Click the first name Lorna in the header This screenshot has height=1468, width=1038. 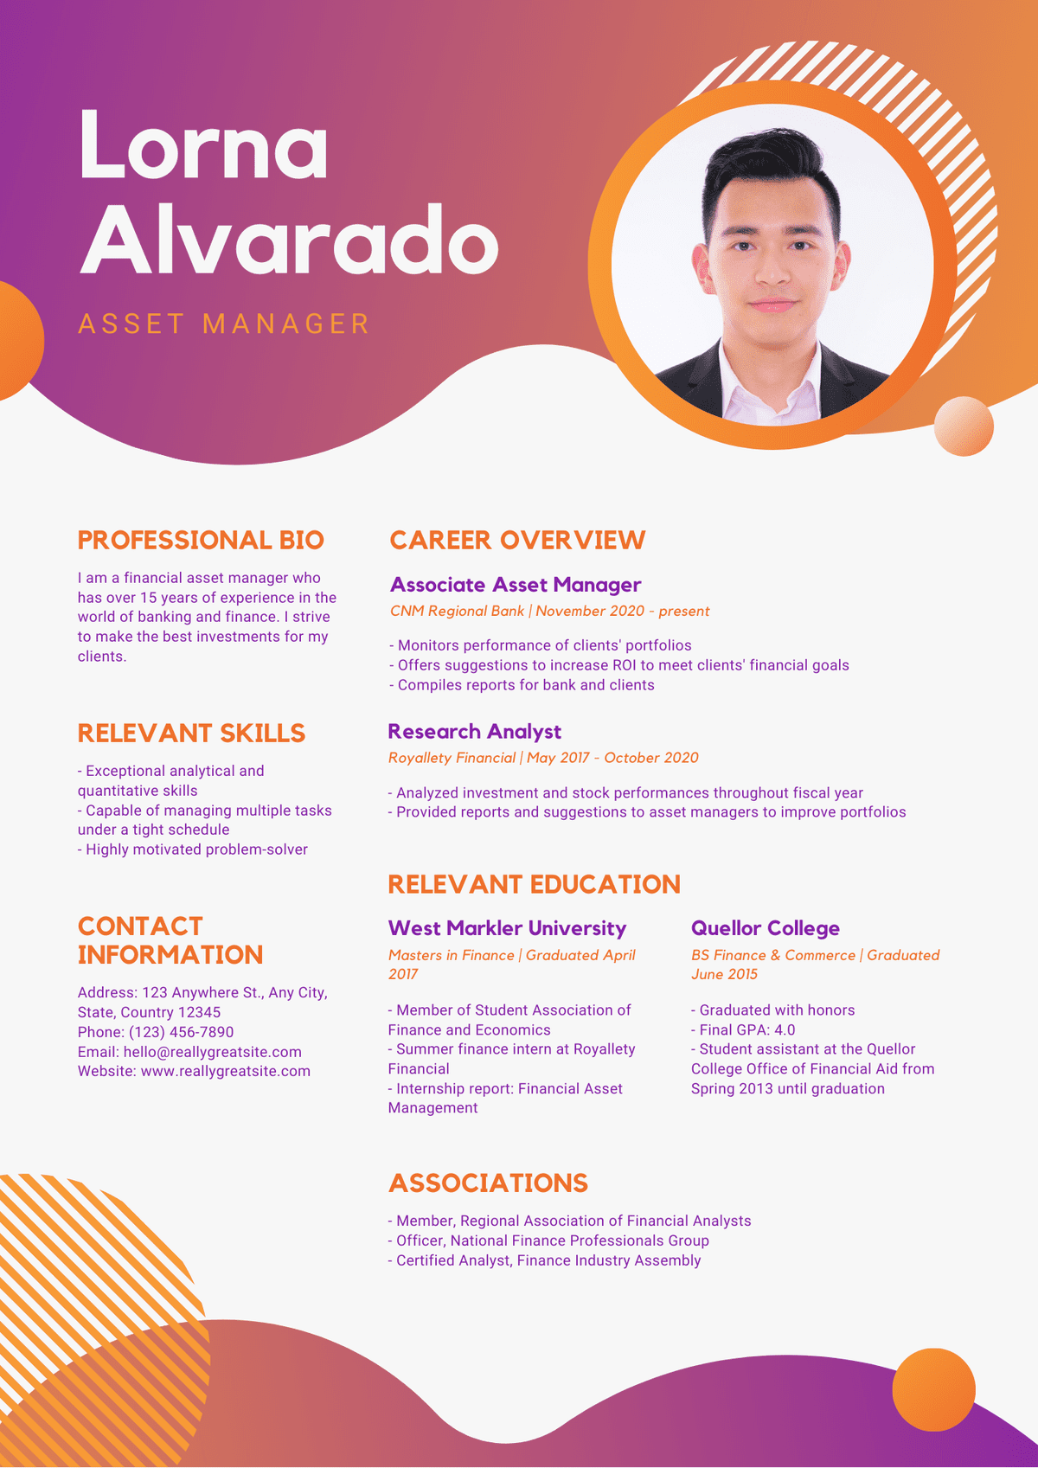tap(203, 144)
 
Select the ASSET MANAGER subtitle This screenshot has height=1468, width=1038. tap(223, 324)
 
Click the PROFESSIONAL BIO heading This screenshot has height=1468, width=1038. tap(201, 540)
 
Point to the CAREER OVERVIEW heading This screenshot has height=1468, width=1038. tap(517, 540)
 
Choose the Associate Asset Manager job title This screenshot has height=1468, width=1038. tap(515, 585)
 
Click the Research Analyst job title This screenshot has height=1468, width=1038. tap(474, 731)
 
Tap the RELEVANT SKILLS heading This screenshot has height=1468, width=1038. tap(191, 734)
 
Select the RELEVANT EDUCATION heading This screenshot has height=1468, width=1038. tap(534, 885)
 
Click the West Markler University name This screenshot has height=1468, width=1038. tap(507, 928)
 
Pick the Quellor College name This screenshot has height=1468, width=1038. tap(765, 928)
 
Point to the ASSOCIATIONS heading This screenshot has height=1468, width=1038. tap(488, 1183)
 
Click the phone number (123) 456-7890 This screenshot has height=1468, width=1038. tap(181, 1032)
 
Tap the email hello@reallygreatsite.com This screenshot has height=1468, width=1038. tap(212, 1052)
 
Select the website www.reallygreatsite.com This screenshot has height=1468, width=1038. tap(226, 1071)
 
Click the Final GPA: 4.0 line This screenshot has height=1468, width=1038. tap(742, 1029)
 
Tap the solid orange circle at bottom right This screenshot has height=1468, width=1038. tap(934, 1389)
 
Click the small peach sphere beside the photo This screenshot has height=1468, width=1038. tap(964, 426)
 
